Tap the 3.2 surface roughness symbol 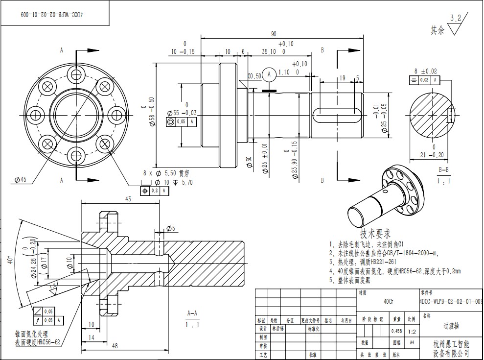pos(456,24)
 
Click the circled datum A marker pos(268,75)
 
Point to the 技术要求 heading pos(375,233)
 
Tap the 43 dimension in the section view pos(128,199)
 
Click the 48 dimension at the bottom pos(115,346)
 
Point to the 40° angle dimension pos(10,260)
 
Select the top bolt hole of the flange pos(76,74)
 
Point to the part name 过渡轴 pos(451,325)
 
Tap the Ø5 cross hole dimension pos(170,229)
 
